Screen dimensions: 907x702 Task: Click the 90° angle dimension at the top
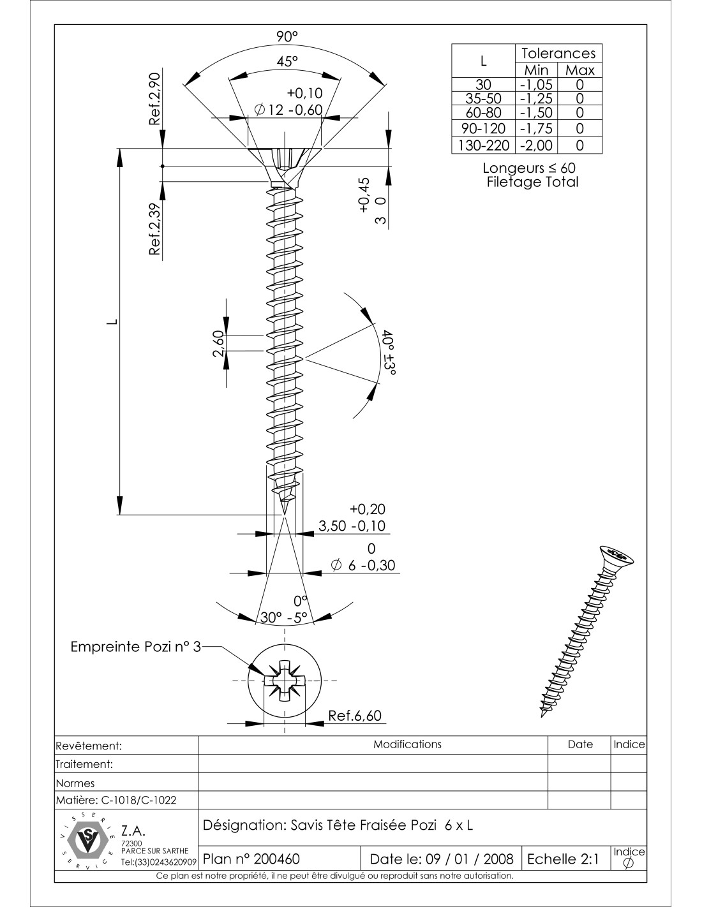pyautogui.click(x=287, y=37)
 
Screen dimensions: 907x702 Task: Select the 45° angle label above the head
pyautogui.click(x=287, y=61)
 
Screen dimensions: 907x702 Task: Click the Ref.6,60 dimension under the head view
pyautogui.click(x=355, y=716)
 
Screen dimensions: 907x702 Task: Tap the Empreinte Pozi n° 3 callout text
pyautogui.click(x=135, y=647)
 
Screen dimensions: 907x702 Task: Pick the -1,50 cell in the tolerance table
pyautogui.click(x=536, y=113)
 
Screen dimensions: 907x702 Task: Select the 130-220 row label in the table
pyautogui.click(x=483, y=145)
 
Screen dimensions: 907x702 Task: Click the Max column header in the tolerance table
pyautogui.click(x=579, y=70)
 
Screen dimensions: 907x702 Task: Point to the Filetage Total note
pyautogui.click(x=532, y=182)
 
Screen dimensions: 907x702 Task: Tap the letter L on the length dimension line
pyautogui.click(x=112, y=321)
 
